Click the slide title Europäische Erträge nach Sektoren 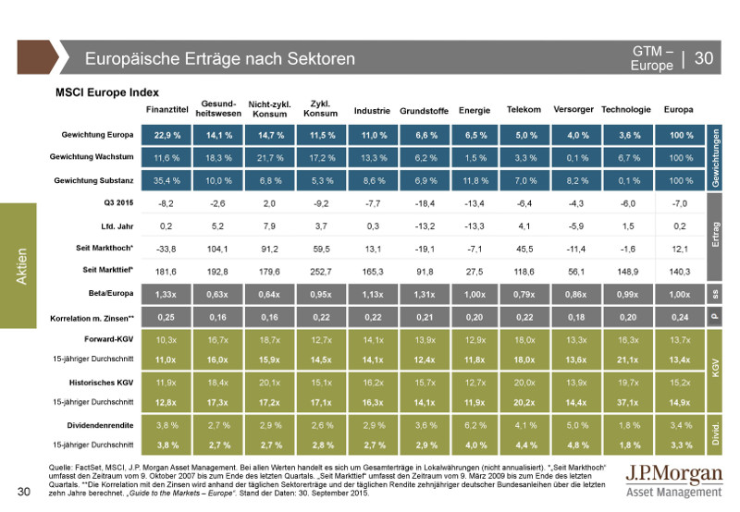(220, 59)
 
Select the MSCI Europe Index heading (107, 92)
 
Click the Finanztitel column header (167, 110)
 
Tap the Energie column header (474, 111)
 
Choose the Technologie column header (626, 110)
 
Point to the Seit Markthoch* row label (105, 248)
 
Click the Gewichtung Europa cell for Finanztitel (167, 135)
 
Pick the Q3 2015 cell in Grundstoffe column (420, 202)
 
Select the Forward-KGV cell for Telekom (524, 341)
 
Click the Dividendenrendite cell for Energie (474, 426)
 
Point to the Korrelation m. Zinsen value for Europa (679, 317)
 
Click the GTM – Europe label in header (653, 58)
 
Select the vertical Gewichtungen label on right (715, 158)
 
